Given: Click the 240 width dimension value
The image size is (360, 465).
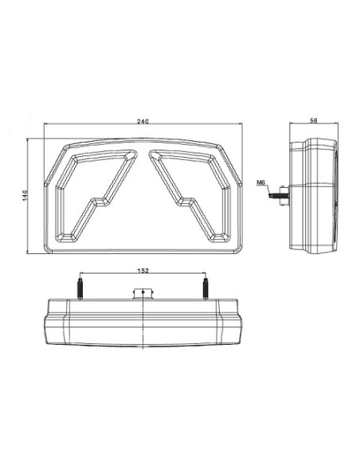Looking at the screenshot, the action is point(143,121).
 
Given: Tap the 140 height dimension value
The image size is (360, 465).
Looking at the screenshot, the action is point(25,195).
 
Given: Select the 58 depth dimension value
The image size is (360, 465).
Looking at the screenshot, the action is point(314,120).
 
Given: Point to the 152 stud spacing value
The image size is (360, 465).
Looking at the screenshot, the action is point(143,271).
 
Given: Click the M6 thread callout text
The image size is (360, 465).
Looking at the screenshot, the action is point(260,182).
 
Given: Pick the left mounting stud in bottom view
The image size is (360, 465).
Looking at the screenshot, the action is point(80,289).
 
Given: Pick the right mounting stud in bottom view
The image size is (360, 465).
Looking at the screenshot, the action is point(205,289).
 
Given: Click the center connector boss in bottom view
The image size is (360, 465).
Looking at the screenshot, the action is point(143,293).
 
